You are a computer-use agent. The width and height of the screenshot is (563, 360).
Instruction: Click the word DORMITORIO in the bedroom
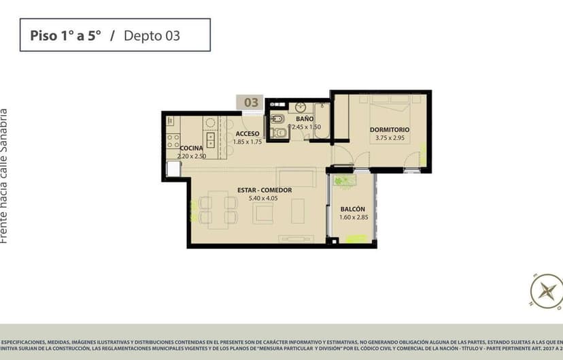coord(390,129)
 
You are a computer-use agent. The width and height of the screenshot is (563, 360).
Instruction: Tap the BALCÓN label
coord(353,209)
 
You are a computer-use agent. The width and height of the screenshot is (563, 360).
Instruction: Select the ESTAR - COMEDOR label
coord(265,190)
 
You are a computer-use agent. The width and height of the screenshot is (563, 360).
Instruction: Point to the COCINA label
coord(191,148)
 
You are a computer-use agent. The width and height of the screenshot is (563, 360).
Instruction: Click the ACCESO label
coord(248,133)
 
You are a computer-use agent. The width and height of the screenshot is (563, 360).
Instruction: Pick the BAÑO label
coord(304,118)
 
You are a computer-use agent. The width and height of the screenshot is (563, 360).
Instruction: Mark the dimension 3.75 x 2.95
coord(390,138)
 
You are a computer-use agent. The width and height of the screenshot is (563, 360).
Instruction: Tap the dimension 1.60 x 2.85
coord(353,218)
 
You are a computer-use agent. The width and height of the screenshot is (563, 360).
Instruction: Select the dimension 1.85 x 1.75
coord(248,142)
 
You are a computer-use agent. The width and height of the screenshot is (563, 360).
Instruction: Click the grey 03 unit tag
coord(251,102)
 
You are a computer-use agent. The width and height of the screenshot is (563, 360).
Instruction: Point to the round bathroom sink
coord(300,107)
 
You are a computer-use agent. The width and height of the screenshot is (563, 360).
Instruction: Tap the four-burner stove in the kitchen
coord(173,142)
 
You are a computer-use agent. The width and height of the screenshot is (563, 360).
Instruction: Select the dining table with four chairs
coord(218,209)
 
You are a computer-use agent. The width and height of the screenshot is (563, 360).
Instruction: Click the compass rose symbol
coord(545,291)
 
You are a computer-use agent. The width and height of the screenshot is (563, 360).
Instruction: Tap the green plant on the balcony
coord(345,180)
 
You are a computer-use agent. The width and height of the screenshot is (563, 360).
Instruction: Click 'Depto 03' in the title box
coord(152,35)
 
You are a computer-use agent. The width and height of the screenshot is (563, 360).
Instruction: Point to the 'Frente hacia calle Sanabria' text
coord(5,175)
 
